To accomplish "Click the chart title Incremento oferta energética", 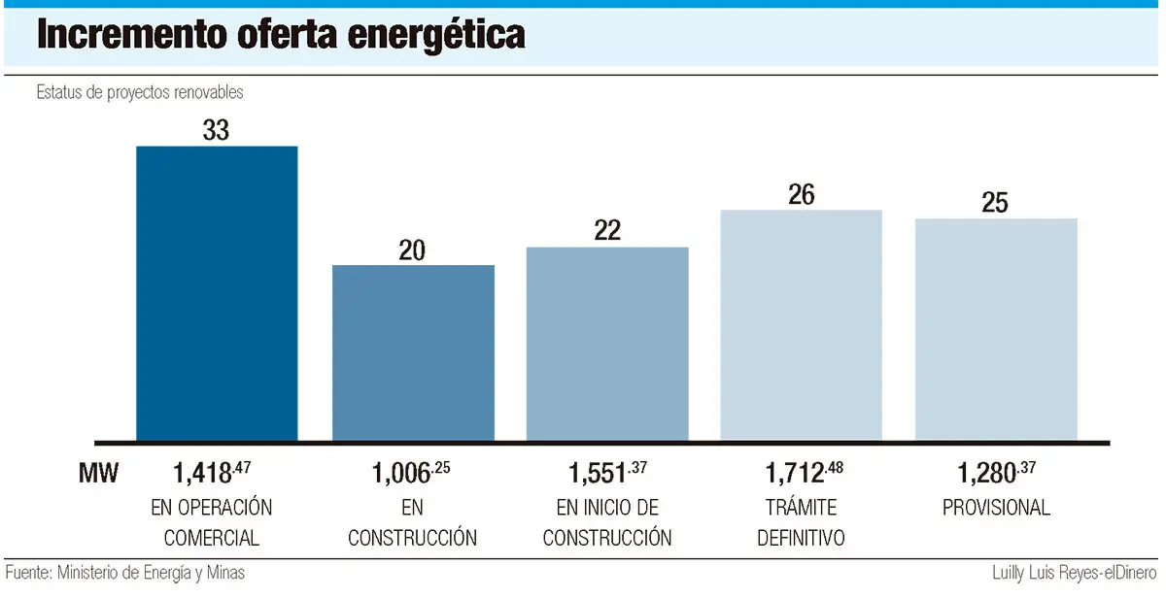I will click(282, 35).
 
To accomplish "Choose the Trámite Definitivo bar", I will click(801, 325).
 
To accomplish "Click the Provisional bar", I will click(996, 329).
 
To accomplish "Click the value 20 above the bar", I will click(412, 250).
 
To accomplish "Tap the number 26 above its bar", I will click(801, 195).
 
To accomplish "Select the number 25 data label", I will click(995, 204).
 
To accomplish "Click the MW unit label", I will click(98, 474).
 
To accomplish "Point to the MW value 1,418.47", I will click(212, 473).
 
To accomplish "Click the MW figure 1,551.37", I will click(607, 473).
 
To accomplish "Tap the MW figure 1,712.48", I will click(803, 473).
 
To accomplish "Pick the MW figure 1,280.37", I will click(996, 473).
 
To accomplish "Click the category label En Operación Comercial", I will click(212, 522).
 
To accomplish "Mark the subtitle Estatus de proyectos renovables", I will click(140, 93).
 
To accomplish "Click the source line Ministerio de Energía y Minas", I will click(125, 573).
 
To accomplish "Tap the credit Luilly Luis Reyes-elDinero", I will click(1075, 573).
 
